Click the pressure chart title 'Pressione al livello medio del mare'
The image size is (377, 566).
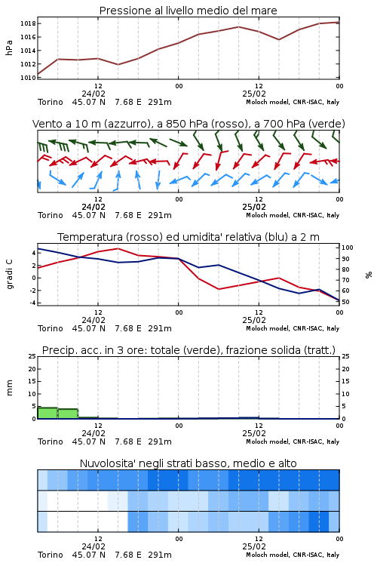(x=188, y=11)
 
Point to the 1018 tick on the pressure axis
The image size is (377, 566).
(x=28, y=24)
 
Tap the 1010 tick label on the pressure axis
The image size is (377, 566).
(x=28, y=78)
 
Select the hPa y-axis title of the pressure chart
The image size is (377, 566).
(x=9, y=48)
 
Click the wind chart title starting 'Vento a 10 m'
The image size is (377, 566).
(x=188, y=124)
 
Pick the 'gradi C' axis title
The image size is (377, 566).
(x=9, y=274)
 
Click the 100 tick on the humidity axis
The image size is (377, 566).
(x=347, y=248)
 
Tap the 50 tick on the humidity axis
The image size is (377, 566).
(x=345, y=302)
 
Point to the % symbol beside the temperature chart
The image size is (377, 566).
(x=369, y=275)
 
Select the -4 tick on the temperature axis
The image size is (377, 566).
(x=32, y=303)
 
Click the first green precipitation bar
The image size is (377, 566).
(x=48, y=413)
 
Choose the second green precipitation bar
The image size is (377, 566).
(x=68, y=414)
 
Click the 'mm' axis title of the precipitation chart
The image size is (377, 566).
(x=9, y=388)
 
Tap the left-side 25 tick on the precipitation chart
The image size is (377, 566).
(x=32, y=356)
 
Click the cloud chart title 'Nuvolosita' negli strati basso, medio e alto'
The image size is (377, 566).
(x=188, y=463)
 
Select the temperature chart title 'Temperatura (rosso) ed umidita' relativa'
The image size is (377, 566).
(x=188, y=237)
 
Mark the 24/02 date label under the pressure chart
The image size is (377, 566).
(x=93, y=94)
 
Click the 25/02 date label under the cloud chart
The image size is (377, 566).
(x=254, y=546)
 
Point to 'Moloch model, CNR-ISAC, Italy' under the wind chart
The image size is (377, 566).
(x=293, y=215)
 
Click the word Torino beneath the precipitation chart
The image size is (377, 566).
(x=51, y=441)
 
